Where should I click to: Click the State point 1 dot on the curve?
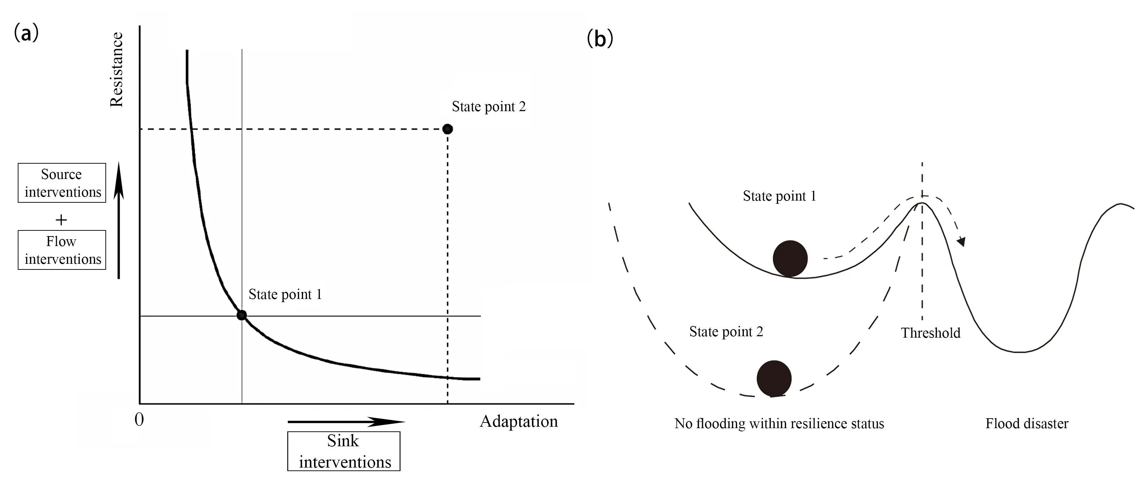tap(241, 316)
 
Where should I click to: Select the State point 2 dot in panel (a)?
tap(448, 129)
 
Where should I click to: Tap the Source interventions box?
tap(62, 183)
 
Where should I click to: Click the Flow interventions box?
tap(62, 250)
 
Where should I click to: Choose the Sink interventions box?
tap(344, 451)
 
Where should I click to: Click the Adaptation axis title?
tap(519, 421)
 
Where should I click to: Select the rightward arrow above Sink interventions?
tap(346, 421)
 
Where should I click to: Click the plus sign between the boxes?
tap(61, 220)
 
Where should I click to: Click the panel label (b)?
tap(600, 39)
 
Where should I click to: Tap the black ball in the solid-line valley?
tap(790, 259)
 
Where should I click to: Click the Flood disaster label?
tap(1027, 423)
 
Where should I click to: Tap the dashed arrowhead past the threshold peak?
tap(961, 241)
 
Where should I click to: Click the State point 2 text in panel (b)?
tap(726, 332)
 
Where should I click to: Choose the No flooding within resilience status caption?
tap(779, 423)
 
